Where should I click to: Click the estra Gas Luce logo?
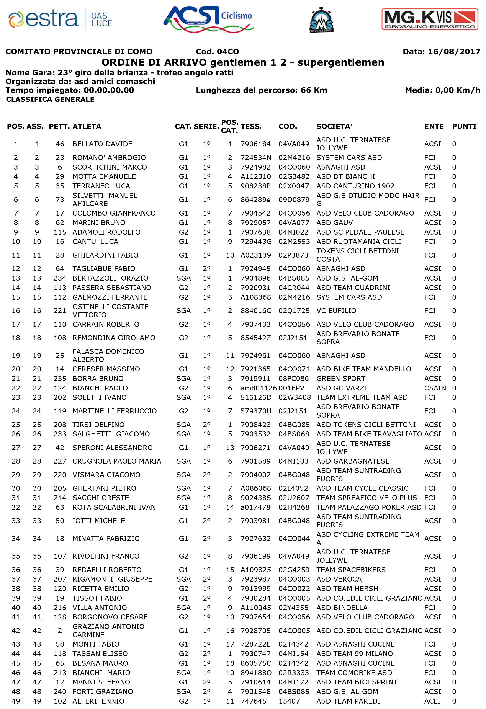pos(61,19)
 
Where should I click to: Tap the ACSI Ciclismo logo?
pos(209,19)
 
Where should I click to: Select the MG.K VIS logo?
pos(430,19)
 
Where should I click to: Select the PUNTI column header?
pos(464,126)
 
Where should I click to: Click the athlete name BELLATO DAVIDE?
pos(102,144)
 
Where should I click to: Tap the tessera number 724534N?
pos(256,158)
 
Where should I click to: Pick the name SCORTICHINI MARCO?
pos(110,167)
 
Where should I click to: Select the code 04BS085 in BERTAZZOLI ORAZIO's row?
pos(294,278)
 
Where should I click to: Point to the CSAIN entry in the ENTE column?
pos(435,388)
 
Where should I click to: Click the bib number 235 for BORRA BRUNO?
pos(60,379)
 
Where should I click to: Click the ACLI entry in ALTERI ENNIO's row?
pos(432,701)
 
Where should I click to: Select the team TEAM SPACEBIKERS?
pos(351,570)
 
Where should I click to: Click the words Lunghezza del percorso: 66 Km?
pos(261,90)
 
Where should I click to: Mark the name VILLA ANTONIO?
pos(100,608)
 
